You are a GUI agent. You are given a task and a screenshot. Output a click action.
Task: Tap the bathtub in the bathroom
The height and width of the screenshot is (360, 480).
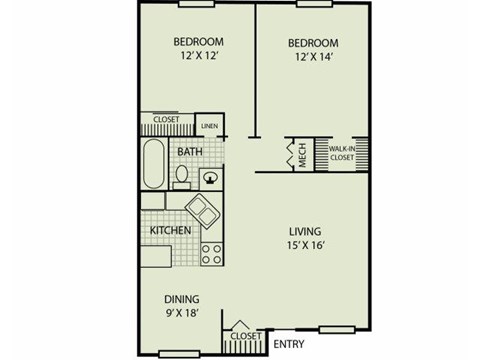154,165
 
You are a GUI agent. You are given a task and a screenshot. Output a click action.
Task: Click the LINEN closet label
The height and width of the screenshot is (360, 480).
209,126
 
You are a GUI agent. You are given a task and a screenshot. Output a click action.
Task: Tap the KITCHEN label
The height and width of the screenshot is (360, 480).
170,231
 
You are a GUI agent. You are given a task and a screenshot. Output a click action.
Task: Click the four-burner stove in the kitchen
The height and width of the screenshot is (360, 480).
211,253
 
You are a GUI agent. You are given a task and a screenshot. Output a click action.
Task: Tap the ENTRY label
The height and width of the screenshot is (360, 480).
289,345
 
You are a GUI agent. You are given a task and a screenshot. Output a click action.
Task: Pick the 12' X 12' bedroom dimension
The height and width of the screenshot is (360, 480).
198,59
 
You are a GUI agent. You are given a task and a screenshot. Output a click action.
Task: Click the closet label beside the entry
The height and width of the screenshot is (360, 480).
246,336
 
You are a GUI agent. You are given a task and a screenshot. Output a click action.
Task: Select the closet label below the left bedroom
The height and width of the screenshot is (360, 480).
166,120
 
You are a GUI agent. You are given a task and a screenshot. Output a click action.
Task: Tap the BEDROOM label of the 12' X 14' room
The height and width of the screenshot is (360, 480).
313,44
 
